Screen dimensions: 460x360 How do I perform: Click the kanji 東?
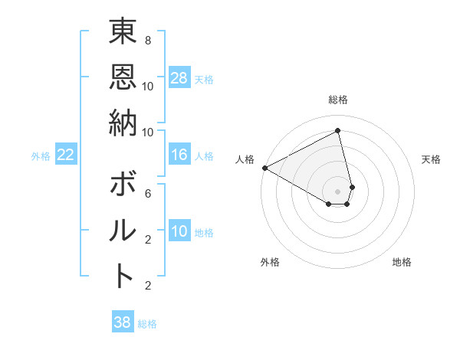click(x=123, y=35)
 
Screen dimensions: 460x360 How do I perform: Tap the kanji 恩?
click(x=123, y=77)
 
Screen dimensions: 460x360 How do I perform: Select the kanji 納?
click(x=123, y=123)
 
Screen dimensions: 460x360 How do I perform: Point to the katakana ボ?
click(x=123, y=186)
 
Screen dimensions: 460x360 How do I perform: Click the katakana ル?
click(x=123, y=231)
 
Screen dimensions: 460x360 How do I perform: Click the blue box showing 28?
click(x=179, y=78)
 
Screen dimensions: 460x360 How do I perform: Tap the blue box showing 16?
click(x=179, y=155)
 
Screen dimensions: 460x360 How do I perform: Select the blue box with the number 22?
click(x=65, y=155)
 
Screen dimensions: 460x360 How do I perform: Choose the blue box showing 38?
click(x=123, y=323)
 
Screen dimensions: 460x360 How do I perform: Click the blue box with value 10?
click(x=179, y=232)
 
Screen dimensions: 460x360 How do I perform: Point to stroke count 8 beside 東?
click(x=147, y=40)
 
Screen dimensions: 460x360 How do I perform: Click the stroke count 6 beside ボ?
click(x=147, y=193)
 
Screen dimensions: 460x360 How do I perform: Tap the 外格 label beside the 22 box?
click(x=41, y=156)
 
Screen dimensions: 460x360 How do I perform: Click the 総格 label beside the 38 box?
click(x=147, y=324)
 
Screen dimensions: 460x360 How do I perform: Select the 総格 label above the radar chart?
click(x=337, y=100)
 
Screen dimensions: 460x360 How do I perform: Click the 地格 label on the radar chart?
click(x=402, y=262)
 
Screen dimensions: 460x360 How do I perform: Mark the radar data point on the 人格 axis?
click(x=264, y=168)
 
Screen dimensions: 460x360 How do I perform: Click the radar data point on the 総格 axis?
click(x=337, y=131)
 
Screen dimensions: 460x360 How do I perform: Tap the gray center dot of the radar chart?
click(x=337, y=190)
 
